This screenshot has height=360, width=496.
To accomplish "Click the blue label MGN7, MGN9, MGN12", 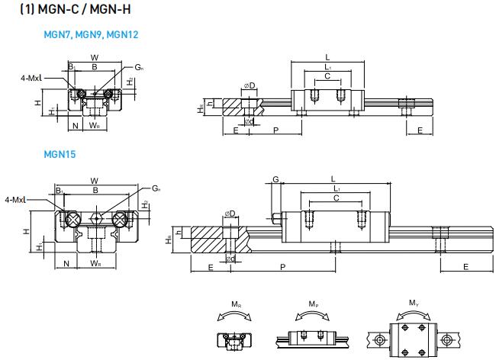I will tap(91, 35).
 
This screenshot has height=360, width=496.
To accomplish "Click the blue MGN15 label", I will tap(60, 153).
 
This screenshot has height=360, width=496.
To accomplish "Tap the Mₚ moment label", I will tap(314, 304).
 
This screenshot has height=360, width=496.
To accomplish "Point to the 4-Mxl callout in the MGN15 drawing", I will tap(15, 199).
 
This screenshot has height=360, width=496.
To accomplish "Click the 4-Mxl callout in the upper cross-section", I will tap(31, 77).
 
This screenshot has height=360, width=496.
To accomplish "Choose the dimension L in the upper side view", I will tap(327, 57).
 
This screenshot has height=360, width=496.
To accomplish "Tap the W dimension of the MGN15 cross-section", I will tap(95, 181).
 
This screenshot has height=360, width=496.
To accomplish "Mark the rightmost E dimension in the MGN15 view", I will tap(465, 266).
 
